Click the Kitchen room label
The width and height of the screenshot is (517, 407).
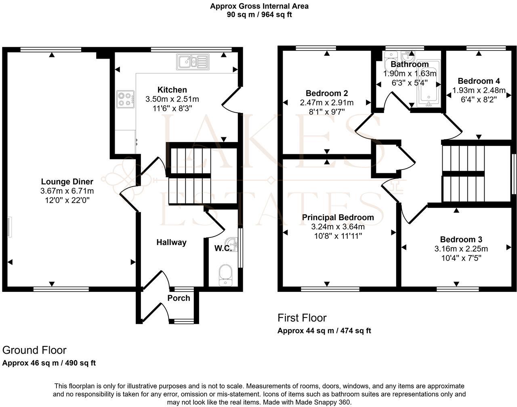coord(172,90)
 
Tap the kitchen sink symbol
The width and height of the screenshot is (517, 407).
coord(193,62)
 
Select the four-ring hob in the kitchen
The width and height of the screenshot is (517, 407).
coord(125,99)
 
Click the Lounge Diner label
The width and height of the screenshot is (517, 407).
coord(67,181)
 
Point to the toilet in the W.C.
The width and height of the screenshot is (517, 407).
coord(225,275)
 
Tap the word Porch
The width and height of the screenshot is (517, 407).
coord(179,298)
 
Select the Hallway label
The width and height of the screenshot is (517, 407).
coord(171,242)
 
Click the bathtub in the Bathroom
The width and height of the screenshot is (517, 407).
coord(429,83)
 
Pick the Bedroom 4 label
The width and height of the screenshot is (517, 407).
coord(479,81)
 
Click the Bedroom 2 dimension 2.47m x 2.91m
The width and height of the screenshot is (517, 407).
coord(327,103)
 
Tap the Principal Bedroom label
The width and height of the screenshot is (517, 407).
coord(338,218)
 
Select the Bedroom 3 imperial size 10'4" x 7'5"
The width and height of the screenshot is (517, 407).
coord(461,258)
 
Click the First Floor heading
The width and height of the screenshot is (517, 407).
coord(302,318)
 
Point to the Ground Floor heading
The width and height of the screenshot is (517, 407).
coord(34,350)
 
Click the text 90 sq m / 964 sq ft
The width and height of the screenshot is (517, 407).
coord(259,15)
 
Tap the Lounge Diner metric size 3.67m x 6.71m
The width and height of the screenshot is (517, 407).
coord(67,191)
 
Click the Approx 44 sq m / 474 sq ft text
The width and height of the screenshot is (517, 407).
coord(324,331)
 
